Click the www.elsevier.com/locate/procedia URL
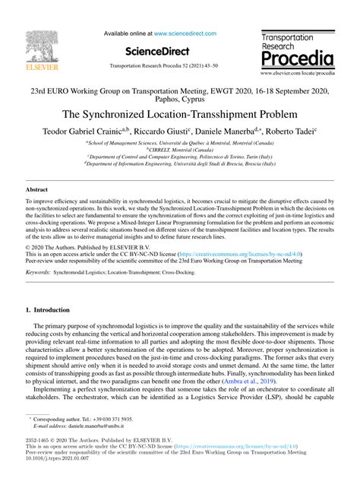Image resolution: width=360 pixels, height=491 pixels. (298, 75)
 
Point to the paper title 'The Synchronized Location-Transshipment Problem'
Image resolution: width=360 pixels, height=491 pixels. (179, 116)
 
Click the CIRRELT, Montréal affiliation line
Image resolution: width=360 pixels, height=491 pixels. (179, 150)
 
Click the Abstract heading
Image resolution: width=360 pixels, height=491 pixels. (37, 188)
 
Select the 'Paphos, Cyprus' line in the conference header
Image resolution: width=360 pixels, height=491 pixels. (179, 99)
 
